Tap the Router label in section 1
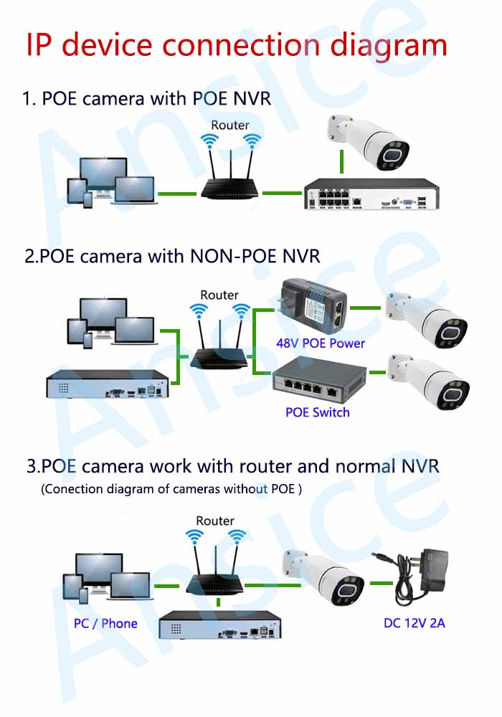230,125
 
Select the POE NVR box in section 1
369,194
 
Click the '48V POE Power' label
321,343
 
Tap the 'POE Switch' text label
318,412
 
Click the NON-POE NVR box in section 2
111,384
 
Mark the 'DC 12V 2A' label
415,623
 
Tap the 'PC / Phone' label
105,623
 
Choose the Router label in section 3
215,521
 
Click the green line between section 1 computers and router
176,193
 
